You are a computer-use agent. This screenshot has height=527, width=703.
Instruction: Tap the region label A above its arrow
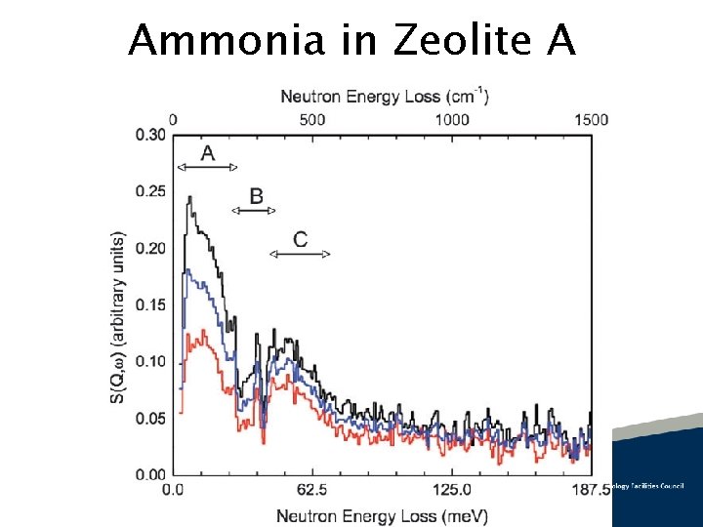point(207,153)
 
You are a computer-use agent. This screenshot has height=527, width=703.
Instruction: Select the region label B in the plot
point(256,196)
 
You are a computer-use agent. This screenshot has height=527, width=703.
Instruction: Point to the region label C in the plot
point(300,239)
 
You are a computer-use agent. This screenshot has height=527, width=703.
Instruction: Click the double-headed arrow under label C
point(300,254)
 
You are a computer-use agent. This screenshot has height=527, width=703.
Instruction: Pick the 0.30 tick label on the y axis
point(150,135)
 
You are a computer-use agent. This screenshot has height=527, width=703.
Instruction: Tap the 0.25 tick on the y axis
point(150,191)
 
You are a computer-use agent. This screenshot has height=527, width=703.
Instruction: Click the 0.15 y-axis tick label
point(150,304)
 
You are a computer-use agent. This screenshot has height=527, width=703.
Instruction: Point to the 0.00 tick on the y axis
point(150,474)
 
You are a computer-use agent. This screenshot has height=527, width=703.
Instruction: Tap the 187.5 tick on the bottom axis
point(590,489)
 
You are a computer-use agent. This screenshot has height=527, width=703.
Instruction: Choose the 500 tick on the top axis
point(312,119)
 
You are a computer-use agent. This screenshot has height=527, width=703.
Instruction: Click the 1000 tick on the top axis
point(452,119)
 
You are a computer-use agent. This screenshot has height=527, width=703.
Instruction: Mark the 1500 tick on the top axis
point(590,119)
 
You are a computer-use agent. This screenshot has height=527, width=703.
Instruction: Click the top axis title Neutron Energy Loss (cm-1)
point(385,96)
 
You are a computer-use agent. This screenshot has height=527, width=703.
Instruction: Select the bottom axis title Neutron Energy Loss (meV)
point(382,514)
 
